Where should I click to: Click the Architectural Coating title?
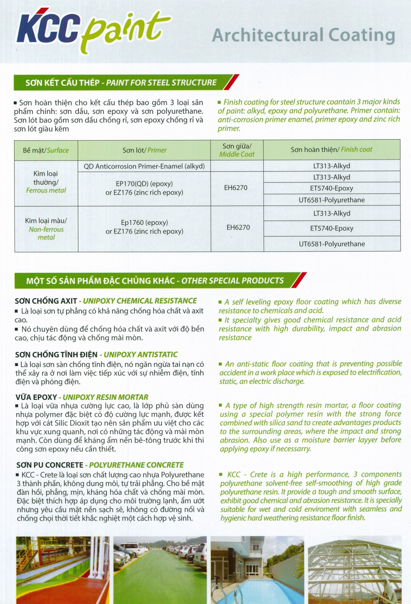click(x=303, y=35)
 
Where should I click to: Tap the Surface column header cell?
click(x=46, y=150)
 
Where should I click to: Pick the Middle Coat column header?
click(x=237, y=150)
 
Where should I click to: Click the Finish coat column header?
click(x=332, y=149)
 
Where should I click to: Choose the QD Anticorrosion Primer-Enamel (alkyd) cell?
click(x=144, y=166)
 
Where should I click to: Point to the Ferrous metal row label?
click(x=46, y=182)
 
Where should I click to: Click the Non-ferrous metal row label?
click(x=46, y=229)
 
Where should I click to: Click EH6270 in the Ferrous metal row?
click(x=236, y=188)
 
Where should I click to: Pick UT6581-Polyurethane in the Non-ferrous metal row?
click(x=332, y=244)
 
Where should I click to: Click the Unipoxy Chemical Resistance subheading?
click(x=106, y=301)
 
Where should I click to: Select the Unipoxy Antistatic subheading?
click(x=96, y=355)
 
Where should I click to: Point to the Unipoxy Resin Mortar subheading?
click(x=82, y=397)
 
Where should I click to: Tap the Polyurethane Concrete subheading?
click(x=100, y=465)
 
